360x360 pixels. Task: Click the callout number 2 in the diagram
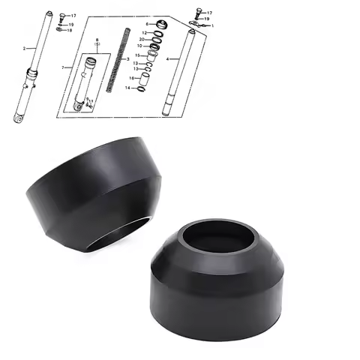[x=24, y=48]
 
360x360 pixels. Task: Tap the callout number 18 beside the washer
[x=70, y=31]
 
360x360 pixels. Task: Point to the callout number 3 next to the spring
[x=127, y=58]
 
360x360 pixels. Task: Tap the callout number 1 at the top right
[x=212, y=25]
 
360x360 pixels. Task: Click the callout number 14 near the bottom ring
[x=128, y=88]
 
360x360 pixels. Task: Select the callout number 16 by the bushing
[x=130, y=77]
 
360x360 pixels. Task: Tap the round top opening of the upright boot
[x=217, y=237]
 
